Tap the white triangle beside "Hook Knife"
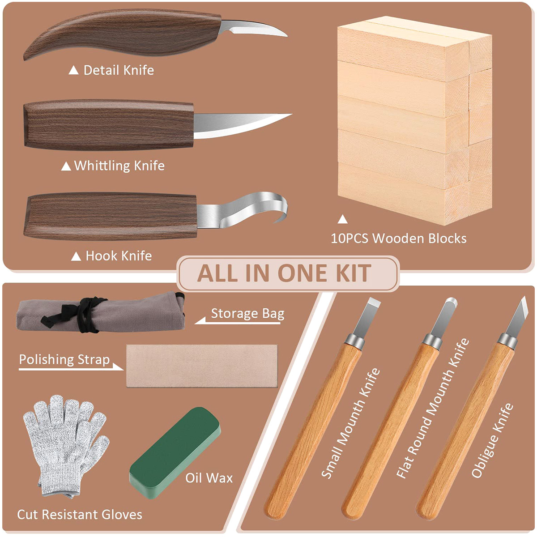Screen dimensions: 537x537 76,256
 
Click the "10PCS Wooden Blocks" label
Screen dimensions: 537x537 399,239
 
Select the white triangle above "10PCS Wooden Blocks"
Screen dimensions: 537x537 343,219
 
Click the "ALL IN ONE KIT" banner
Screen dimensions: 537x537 284,273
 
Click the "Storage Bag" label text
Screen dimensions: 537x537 248,314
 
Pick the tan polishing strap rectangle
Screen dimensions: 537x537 202,366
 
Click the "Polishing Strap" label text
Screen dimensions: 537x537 64,360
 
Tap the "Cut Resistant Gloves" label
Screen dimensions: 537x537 80,515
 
